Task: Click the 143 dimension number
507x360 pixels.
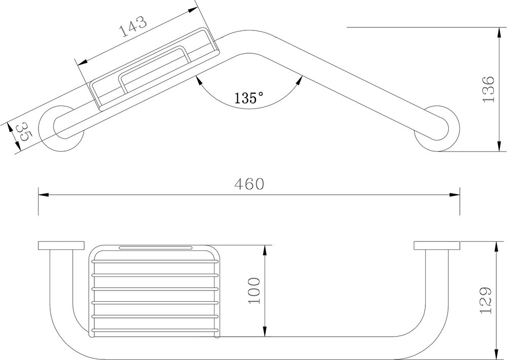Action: pos(133,26)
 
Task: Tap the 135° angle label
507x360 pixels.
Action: pos(248,97)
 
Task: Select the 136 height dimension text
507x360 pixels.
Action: pos(488,89)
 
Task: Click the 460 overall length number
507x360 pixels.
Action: pos(249,184)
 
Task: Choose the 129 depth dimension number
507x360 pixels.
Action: pos(486,300)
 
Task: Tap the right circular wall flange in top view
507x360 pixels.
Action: pos(437,128)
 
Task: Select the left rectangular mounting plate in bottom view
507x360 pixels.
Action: pos(61,245)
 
